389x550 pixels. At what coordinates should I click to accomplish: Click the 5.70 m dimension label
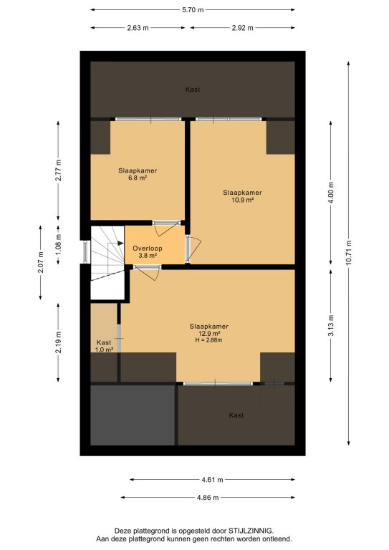pos(193,10)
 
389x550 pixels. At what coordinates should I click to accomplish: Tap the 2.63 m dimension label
pos(138,28)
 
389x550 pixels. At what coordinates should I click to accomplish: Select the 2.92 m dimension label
pos(242,28)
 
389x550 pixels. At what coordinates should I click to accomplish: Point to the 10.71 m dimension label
pos(348,253)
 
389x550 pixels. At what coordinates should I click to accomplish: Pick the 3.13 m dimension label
pos(331,326)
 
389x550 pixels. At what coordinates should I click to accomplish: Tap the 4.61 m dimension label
pos(212,480)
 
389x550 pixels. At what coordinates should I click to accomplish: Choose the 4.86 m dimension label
pos(208,498)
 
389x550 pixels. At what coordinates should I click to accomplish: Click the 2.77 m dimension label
pos(58,170)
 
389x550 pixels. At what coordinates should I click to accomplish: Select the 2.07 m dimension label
pos(41,263)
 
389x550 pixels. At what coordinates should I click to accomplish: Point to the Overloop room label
pos(148,249)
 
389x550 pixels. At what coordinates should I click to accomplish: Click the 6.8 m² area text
pos(138,178)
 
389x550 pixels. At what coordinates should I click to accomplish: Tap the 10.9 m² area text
pos(242,200)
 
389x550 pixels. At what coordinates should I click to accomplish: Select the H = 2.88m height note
pos(209,340)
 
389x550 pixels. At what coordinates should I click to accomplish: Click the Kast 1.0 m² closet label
pos(104,346)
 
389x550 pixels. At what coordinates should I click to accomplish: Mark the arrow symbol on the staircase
pos(116,243)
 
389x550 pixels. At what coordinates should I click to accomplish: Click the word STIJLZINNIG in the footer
pos(251,531)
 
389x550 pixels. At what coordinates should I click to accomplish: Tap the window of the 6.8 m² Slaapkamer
pos(148,120)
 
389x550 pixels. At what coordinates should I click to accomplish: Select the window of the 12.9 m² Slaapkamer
pos(218,384)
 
